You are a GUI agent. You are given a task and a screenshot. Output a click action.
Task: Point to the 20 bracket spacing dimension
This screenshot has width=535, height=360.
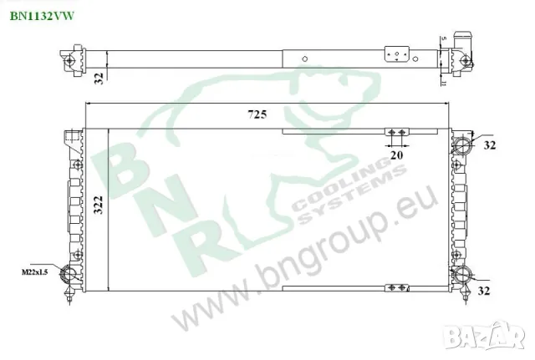[x=396, y=155]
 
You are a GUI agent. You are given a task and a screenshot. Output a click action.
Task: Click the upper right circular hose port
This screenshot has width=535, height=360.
[x=461, y=144]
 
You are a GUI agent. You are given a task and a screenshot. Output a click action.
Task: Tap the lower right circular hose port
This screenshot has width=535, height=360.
[x=461, y=276]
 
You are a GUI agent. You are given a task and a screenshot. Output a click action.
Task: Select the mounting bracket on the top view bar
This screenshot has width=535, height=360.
[x=398, y=54]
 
